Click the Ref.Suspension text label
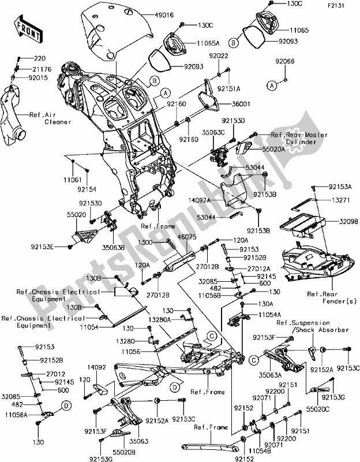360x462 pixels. [303, 323]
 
